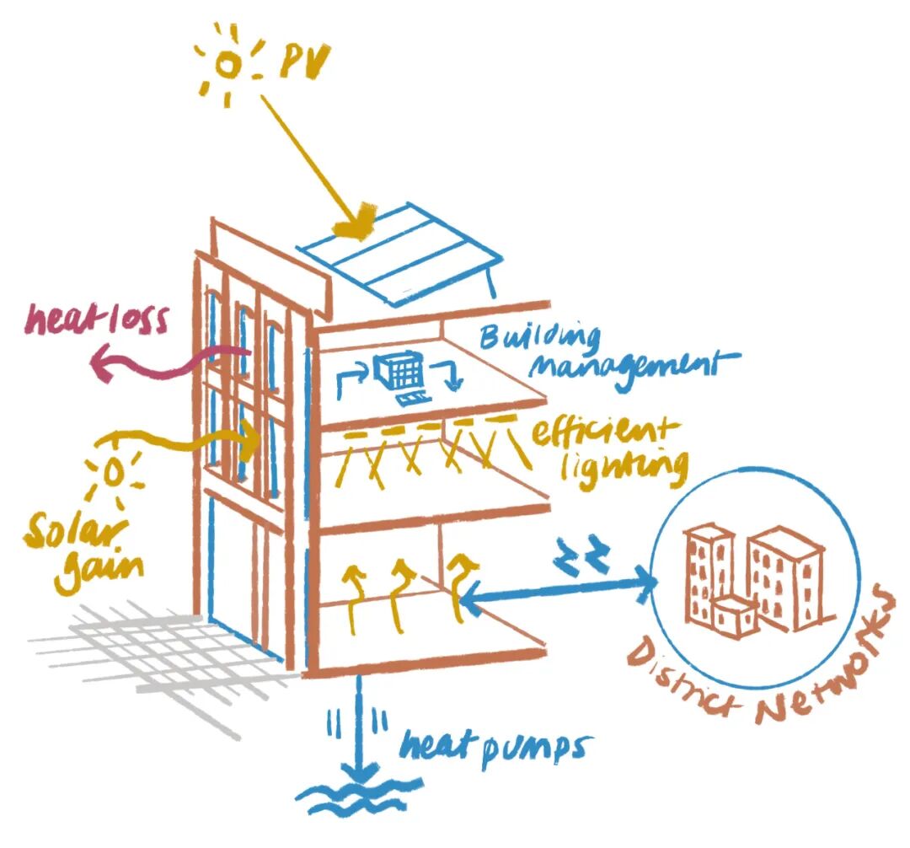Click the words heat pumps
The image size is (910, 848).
(494, 745)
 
